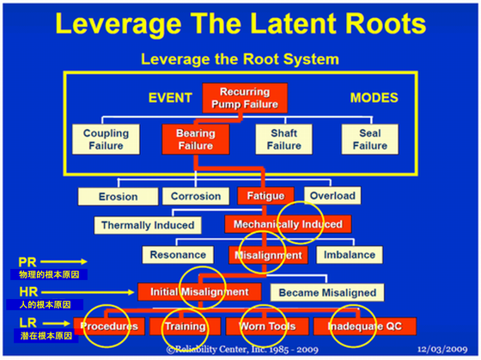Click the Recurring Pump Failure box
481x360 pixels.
tap(245, 98)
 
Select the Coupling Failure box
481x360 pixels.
tap(106, 139)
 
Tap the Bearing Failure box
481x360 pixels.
tap(196, 139)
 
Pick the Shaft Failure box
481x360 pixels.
tap(284, 139)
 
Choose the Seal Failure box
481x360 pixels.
tap(370, 139)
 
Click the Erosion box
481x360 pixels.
tap(119, 197)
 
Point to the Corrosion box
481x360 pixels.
tap(196, 196)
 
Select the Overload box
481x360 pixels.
tap(332, 196)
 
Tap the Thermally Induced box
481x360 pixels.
tap(148, 225)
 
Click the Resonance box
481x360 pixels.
tap(178, 254)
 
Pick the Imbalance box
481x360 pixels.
tap(350, 254)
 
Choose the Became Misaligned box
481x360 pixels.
tap(327, 292)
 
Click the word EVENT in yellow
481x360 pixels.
tap(170, 98)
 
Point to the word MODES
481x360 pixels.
tap(374, 98)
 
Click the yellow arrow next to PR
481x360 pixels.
tap(64, 262)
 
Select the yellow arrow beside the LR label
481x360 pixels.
tap(56, 323)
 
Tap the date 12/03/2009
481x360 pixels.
tap(442, 349)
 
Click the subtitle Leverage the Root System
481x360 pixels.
tap(240, 59)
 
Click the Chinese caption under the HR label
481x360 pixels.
tap(45, 305)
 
